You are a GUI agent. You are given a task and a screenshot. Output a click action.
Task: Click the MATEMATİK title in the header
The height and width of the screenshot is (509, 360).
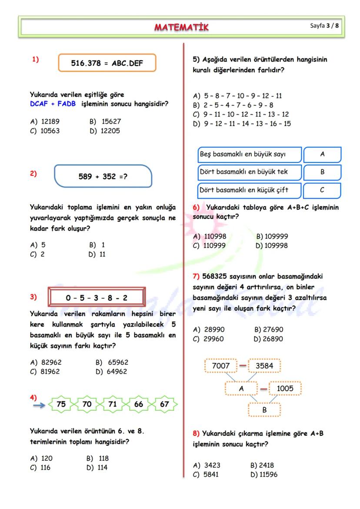[181, 27]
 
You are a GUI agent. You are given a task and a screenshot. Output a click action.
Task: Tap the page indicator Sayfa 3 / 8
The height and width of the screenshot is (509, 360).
[324, 26]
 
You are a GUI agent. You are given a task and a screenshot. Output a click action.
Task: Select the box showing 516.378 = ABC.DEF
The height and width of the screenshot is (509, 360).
[107, 63]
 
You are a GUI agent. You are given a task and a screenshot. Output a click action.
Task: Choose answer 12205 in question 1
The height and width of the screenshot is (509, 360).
[104, 131]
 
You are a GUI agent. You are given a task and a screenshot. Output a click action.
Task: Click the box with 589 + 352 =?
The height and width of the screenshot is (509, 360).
[103, 176]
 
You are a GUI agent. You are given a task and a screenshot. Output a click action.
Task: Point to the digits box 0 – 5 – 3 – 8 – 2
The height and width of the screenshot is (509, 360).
[97, 298]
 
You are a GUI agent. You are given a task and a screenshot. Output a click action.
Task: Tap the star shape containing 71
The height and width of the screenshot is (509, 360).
[113, 404]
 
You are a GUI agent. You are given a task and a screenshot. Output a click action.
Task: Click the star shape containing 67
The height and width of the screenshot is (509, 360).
[164, 404]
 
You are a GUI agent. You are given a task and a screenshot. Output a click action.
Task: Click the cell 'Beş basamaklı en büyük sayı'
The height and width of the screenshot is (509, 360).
[248, 154]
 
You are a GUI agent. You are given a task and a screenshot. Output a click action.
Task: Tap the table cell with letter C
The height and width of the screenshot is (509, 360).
[322, 190]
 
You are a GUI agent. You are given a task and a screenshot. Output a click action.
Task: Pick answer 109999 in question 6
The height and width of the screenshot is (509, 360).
[272, 236]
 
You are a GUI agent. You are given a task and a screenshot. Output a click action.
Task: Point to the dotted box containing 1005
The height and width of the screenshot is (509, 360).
[285, 389]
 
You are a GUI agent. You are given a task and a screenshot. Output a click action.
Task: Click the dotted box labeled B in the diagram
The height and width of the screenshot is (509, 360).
[264, 409]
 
